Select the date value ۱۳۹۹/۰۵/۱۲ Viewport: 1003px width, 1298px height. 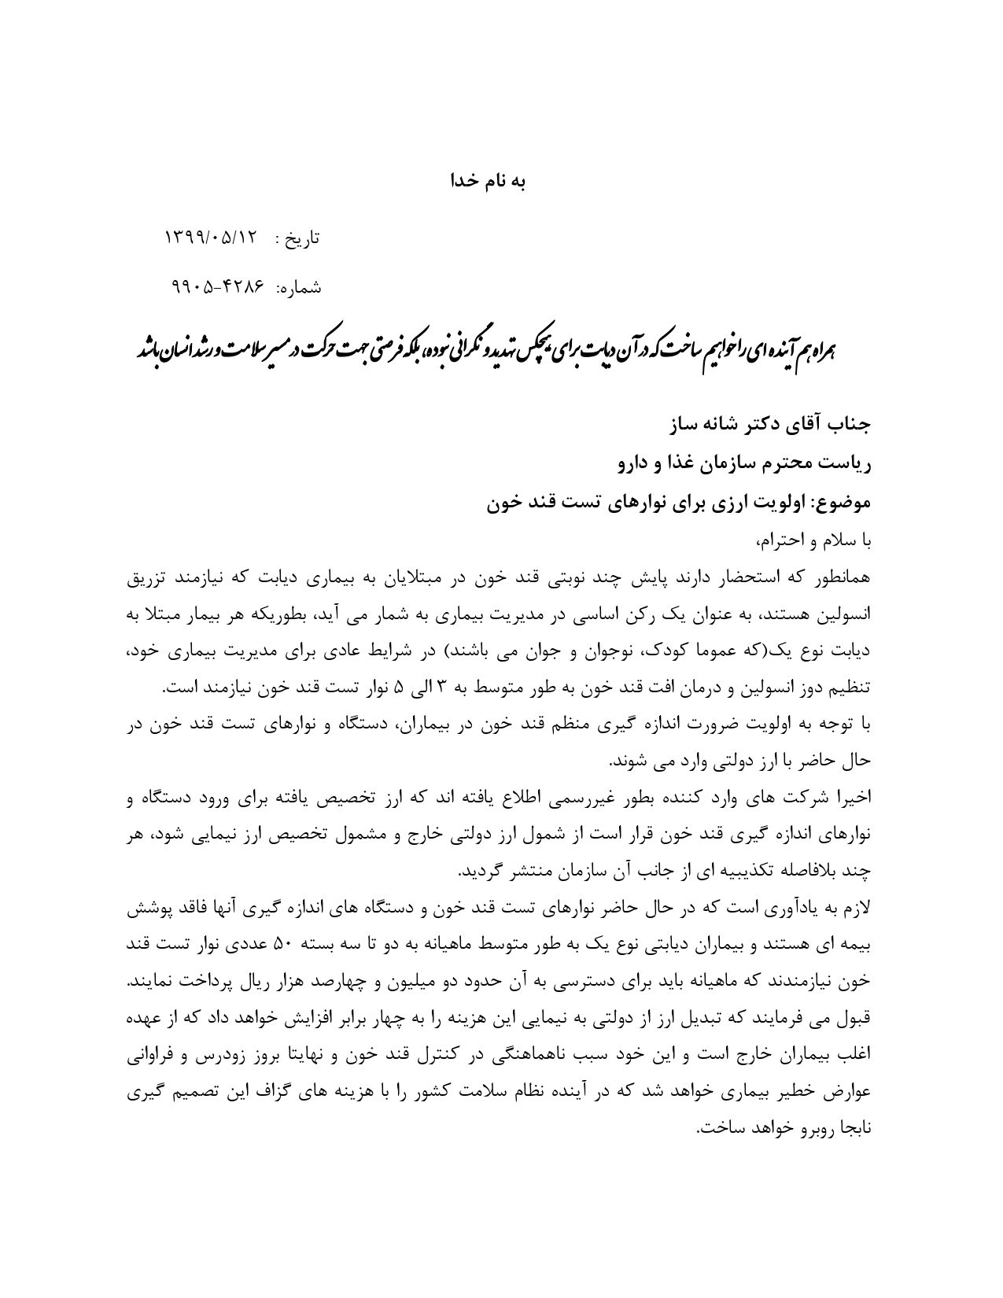212,238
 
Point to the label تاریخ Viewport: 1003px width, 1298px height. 302,238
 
